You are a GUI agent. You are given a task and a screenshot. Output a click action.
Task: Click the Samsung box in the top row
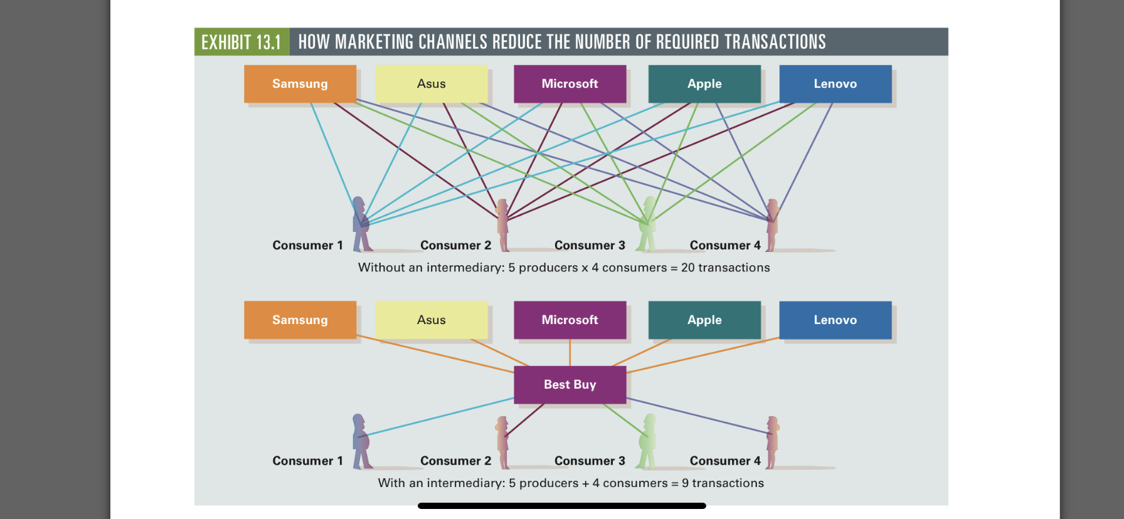[300, 84]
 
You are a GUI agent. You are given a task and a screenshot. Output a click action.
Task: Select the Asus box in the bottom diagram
[431, 320]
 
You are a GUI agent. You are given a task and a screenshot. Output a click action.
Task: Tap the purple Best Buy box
[570, 384]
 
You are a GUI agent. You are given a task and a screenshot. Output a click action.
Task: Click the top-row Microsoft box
[570, 84]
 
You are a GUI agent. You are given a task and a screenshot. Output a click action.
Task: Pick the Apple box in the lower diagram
[704, 320]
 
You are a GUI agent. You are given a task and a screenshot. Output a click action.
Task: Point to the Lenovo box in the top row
[835, 84]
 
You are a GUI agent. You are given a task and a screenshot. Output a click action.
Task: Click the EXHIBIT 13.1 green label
[241, 42]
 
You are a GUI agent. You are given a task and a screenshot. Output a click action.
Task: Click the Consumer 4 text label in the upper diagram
[725, 245]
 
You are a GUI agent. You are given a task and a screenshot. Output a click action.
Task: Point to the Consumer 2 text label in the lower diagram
[455, 461]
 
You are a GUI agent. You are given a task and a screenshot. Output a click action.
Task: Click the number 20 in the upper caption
[687, 268]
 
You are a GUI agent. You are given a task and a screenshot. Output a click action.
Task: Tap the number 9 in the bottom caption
[685, 483]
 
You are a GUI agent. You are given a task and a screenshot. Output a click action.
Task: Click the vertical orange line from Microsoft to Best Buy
[570, 353]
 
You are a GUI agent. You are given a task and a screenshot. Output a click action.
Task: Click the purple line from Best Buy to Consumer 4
[696, 416]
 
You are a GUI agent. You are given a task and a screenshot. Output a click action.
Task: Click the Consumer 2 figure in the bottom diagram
[502, 443]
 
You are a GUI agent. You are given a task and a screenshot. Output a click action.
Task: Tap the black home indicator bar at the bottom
[561, 505]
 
